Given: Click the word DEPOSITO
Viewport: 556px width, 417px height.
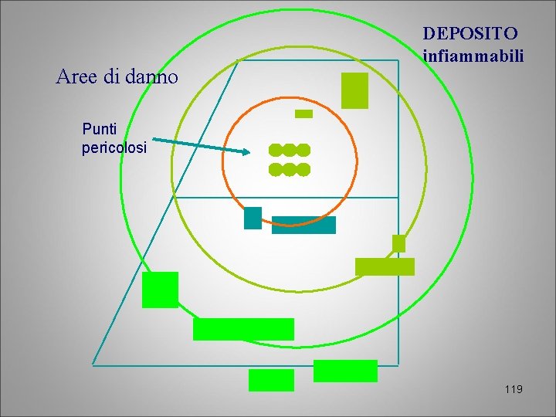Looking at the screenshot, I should click(x=470, y=33).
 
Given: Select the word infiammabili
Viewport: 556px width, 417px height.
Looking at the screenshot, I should click(x=474, y=56).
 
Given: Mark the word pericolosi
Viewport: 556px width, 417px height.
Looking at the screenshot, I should click(x=114, y=147).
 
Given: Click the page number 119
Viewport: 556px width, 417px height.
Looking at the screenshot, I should click(x=513, y=388).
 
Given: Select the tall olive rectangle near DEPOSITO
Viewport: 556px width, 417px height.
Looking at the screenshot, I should click(x=354, y=90).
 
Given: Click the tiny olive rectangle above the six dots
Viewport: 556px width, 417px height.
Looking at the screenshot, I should click(x=304, y=114).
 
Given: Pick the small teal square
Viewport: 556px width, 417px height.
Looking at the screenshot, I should click(x=253, y=218).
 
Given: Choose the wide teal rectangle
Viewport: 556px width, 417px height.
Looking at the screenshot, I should click(x=303, y=225).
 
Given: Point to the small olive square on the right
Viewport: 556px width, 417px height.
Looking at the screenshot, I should click(x=398, y=243).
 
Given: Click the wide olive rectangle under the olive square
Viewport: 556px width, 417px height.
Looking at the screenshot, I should click(x=385, y=266).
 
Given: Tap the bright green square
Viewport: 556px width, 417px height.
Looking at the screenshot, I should click(x=160, y=290).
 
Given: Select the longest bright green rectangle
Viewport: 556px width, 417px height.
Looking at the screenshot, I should click(x=243, y=329).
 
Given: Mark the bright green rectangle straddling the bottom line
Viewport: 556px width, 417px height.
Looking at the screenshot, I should click(x=345, y=371).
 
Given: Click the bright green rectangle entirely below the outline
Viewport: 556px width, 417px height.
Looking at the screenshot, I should click(x=271, y=380).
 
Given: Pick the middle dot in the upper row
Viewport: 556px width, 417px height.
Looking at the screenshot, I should click(x=290, y=149).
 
